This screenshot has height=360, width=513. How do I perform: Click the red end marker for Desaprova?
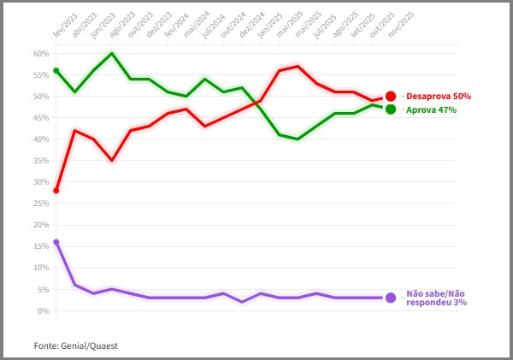coord(390,97)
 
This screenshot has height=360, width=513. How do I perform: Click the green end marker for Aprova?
coord(390,109)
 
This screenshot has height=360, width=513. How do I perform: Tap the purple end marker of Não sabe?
coord(391,298)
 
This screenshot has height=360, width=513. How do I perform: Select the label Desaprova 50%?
coord(437,97)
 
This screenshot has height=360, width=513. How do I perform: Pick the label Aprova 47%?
coord(429,110)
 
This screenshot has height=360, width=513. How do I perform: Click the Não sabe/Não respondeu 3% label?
coord(436,298)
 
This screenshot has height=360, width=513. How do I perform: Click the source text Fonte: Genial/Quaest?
coord(75,345)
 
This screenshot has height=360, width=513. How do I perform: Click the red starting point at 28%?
coord(56,190)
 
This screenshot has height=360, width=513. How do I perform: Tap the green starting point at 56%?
coord(56,70)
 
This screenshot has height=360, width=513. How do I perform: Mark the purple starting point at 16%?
coord(56,242)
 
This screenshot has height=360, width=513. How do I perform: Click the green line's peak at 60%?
coord(112,53)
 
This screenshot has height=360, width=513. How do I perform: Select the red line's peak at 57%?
coord(298,66)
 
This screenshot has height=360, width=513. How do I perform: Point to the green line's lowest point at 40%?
coord(298,139)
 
